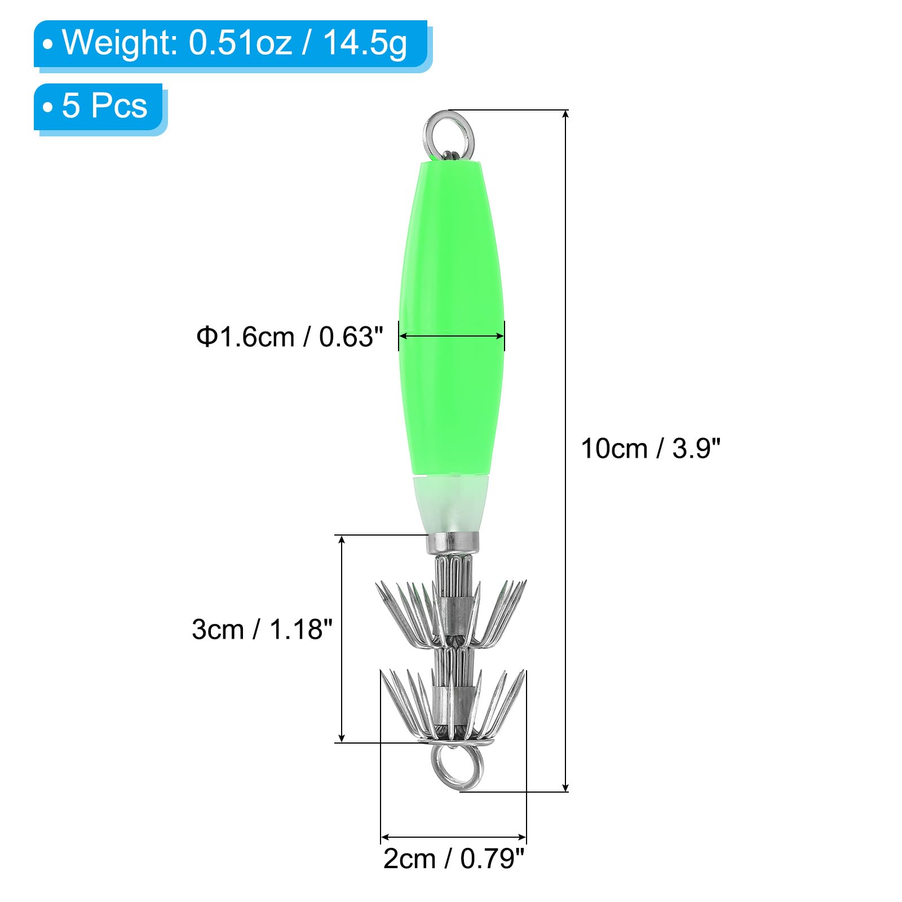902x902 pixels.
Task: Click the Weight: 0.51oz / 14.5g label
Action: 234,43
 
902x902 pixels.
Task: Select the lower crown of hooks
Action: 452,705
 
